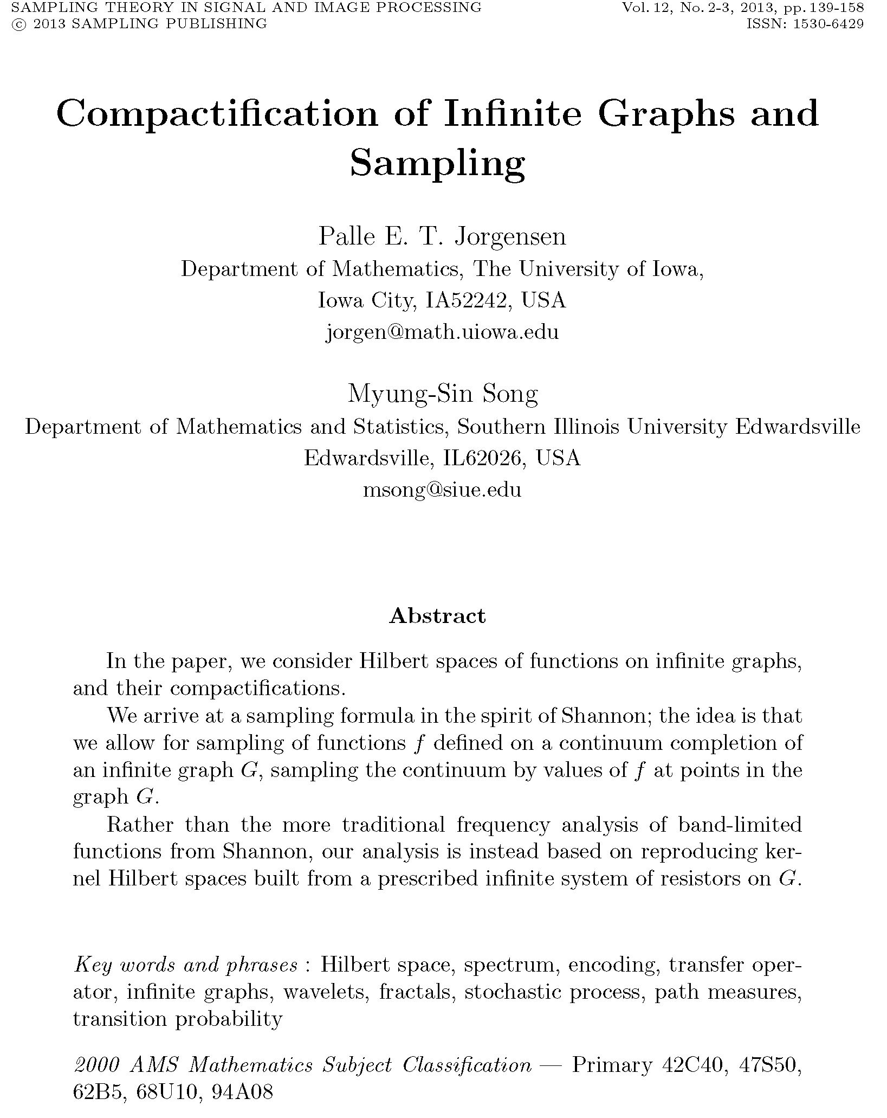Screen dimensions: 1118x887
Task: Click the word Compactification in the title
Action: [x=217, y=115]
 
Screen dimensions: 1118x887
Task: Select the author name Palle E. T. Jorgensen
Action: [x=442, y=236]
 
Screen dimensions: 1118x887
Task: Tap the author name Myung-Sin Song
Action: [x=442, y=395]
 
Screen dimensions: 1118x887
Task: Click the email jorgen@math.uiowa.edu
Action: [x=442, y=332]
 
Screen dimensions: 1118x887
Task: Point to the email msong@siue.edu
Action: [x=442, y=490]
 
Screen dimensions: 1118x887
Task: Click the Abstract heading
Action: [x=437, y=616]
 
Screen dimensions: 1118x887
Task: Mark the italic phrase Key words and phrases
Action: [x=185, y=966]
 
